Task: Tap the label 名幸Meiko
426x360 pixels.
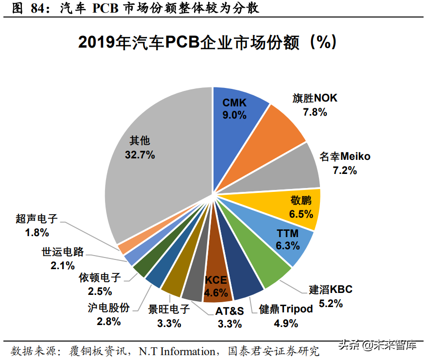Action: click(x=345, y=156)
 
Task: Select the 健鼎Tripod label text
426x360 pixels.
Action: click(x=286, y=309)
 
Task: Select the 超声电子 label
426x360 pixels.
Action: click(x=37, y=219)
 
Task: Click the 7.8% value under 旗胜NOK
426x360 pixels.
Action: click(x=315, y=112)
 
